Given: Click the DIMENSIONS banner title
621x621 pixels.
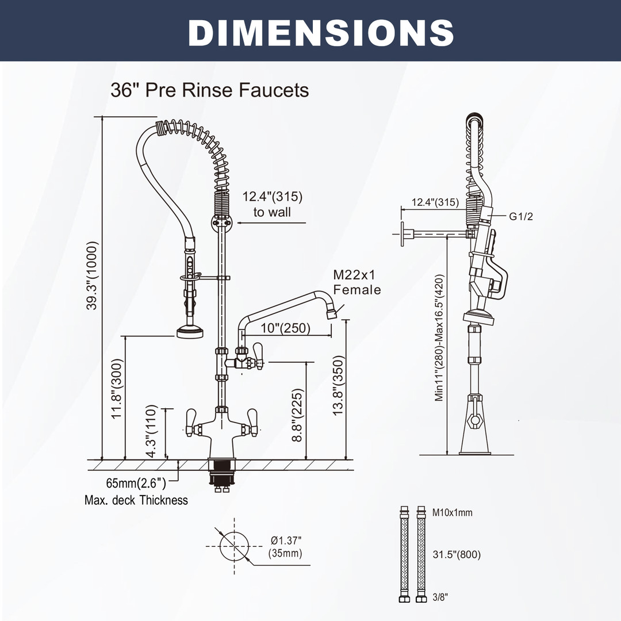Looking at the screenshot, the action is click(x=321, y=32).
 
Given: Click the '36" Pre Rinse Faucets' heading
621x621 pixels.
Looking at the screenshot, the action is click(x=209, y=90).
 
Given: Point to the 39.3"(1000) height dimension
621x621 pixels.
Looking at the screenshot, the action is click(x=91, y=275).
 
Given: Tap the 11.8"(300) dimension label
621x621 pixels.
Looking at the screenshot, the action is click(x=117, y=389).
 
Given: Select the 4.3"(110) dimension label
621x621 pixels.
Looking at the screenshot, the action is click(x=152, y=431).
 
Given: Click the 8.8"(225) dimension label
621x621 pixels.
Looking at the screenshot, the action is click(x=297, y=415).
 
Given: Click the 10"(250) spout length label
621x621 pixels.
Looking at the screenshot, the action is click(x=285, y=328).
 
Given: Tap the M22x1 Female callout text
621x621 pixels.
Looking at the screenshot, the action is click(x=356, y=282).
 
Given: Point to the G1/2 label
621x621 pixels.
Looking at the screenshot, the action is click(x=521, y=216).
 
